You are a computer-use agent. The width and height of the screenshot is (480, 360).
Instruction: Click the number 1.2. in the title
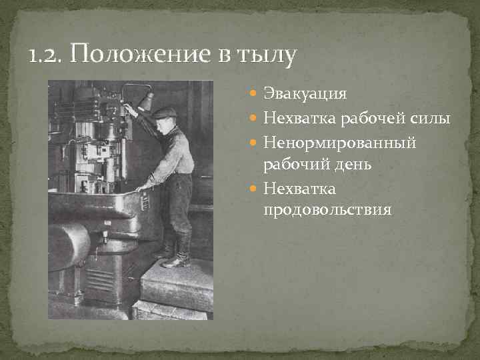click(47, 55)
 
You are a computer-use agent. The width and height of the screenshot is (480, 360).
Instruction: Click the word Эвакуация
click(305, 94)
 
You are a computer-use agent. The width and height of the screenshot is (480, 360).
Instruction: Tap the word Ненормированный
click(339, 143)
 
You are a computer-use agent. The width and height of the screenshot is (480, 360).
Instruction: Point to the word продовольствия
click(327, 211)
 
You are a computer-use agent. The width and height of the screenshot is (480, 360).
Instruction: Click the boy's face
click(164, 123)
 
